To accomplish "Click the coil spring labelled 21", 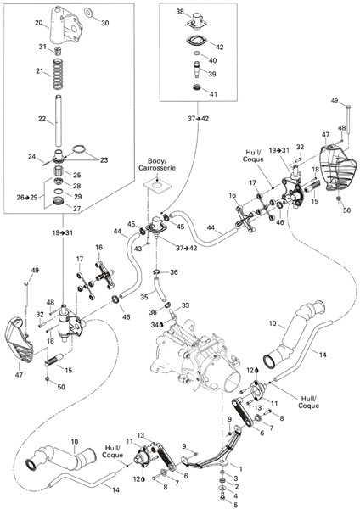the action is click(x=58, y=74).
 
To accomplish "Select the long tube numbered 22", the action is click(x=58, y=120).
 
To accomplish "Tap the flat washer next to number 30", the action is click(x=88, y=13).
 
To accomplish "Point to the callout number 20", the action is click(x=39, y=22).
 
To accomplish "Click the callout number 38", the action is click(x=180, y=12).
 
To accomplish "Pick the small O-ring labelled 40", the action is click(x=197, y=53).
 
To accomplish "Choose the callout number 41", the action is click(x=213, y=94).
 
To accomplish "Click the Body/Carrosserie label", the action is click(x=157, y=165).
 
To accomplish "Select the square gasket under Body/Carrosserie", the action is click(x=156, y=186).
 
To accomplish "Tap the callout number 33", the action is click(x=186, y=305).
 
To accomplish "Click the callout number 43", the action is click(x=138, y=249).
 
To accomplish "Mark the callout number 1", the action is click(x=241, y=469).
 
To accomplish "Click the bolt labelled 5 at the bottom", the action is click(x=222, y=496).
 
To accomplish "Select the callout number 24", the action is click(x=31, y=157).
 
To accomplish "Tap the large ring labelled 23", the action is click(x=79, y=149).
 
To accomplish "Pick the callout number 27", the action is click(x=76, y=209).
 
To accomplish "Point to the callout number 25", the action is click(x=77, y=175).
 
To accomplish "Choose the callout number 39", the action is click(x=212, y=74).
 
